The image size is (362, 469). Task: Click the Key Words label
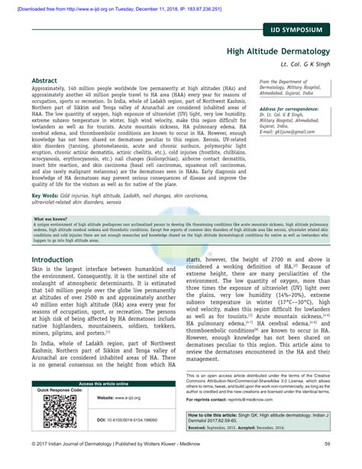(x=47, y=197)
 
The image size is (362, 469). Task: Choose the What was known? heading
(x=50, y=218)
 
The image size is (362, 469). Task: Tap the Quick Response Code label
(x=58, y=389)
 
